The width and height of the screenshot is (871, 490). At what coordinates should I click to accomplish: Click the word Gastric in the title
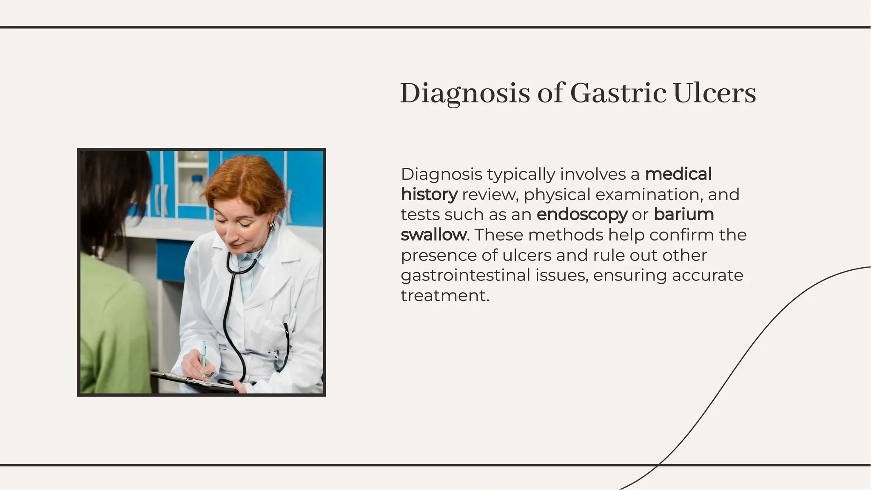pos(618,93)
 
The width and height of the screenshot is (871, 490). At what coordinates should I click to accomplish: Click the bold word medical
pos(678,174)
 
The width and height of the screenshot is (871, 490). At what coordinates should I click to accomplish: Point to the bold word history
pos(429,195)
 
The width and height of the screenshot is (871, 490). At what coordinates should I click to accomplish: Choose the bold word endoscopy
pos(582,215)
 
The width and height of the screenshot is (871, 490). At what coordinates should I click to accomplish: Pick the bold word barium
pos(683,215)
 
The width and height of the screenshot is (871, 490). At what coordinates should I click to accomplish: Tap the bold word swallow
pos(433,235)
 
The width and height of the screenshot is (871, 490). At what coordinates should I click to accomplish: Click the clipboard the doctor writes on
pos(191,382)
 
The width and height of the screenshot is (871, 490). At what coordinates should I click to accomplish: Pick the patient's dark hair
pos(113,195)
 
